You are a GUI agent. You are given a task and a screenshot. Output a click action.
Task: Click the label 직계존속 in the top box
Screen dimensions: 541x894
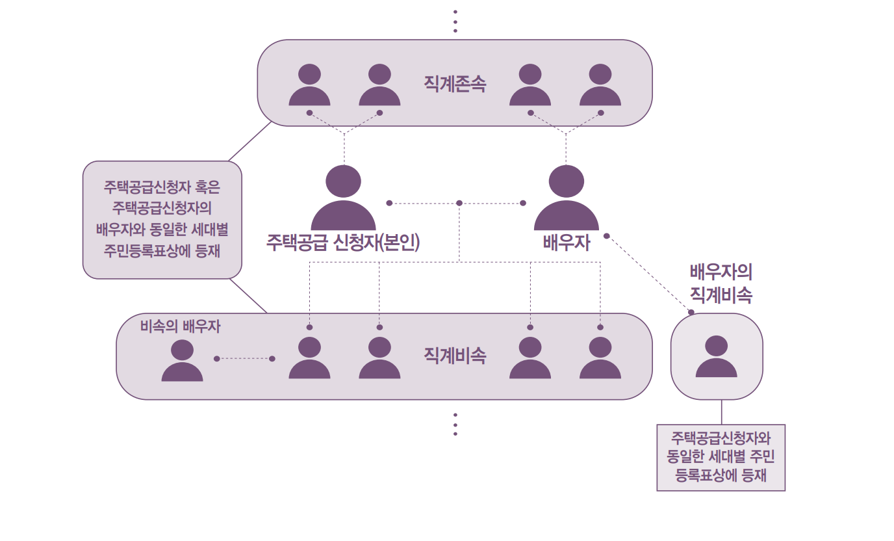coord(455,84)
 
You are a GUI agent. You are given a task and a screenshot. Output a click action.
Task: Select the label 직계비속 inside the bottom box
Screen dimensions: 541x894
coord(455,356)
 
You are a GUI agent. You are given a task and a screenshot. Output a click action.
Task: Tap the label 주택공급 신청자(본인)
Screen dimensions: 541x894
coord(343,242)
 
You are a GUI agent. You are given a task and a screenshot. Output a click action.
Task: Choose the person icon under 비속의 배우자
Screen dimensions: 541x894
coord(182,361)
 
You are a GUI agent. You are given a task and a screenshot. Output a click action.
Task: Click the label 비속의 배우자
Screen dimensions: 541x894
coord(180,326)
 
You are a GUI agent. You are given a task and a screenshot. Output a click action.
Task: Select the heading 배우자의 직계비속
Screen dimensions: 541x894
coord(721,284)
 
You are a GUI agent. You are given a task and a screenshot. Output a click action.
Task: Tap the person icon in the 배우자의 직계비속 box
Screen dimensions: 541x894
coord(716,357)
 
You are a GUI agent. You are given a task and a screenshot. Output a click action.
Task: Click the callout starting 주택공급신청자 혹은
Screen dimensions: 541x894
coord(162,220)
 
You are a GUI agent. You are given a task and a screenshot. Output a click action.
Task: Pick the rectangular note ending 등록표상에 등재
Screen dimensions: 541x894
coord(721,457)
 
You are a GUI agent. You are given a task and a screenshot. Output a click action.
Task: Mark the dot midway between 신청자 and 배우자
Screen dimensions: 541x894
coord(459,203)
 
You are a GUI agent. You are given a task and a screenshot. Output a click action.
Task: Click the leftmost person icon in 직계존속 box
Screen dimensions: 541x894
coord(309,85)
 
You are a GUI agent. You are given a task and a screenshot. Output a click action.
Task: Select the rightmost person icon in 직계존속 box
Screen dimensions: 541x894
coord(600,85)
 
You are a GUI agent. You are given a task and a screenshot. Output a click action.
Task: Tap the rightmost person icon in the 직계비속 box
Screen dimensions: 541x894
coord(600,358)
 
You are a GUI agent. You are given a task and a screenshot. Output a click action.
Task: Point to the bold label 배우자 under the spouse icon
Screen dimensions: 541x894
coord(566,243)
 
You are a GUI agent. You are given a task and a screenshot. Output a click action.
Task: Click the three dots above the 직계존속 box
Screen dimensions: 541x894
coord(455,21)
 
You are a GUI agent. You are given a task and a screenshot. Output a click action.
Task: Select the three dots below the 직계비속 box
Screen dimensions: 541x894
coord(455,424)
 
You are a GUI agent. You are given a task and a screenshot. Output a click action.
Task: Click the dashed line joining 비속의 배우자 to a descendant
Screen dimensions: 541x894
coord(244,358)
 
